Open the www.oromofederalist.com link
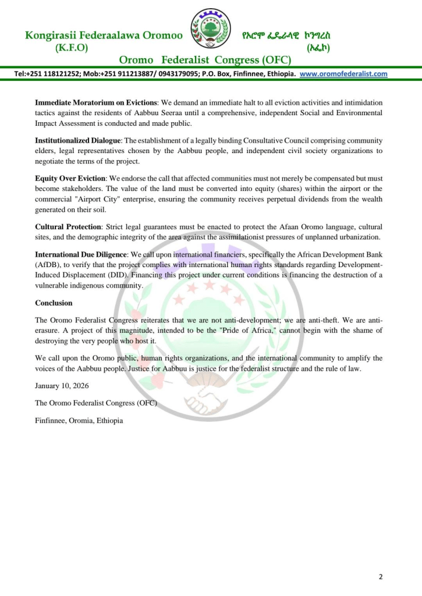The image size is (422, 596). click(x=343, y=74)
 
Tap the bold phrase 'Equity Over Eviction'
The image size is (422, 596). click(x=70, y=178)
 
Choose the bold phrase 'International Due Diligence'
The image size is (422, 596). click(x=81, y=254)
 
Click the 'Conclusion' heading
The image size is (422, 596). click(x=54, y=303)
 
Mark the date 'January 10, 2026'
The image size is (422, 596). click(x=62, y=386)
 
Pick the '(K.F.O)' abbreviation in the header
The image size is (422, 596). click(x=72, y=48)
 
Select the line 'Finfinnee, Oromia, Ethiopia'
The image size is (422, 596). click(x=79, y=420)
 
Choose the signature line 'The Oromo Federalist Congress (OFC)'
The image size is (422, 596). click(x=96, y=403)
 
